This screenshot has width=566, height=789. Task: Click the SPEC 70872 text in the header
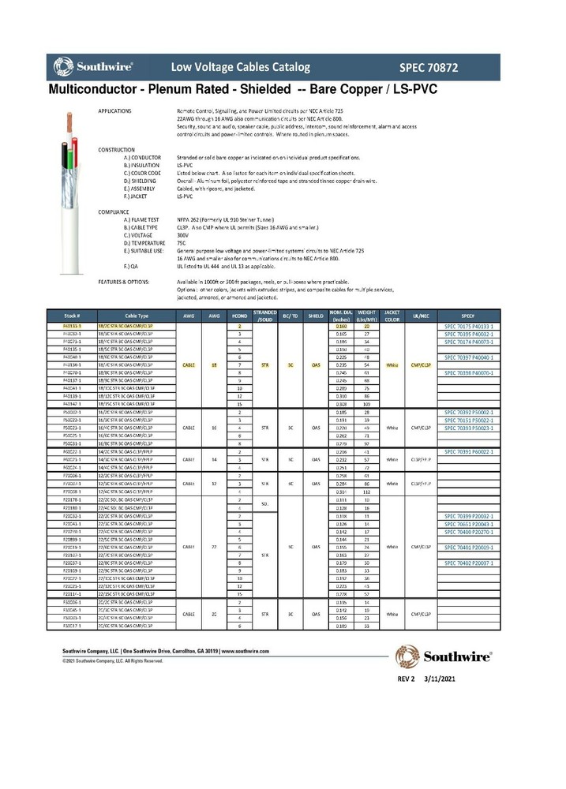451,67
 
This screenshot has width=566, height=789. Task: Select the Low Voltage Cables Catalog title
241,67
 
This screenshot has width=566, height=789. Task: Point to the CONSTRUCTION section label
118,149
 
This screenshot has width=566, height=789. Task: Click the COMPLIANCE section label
114,212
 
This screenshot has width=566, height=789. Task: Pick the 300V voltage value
182,235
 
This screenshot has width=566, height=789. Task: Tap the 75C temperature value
181,242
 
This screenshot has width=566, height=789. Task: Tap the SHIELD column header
316,314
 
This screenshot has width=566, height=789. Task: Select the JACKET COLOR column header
392,314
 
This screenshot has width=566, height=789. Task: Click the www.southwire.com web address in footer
246,651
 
